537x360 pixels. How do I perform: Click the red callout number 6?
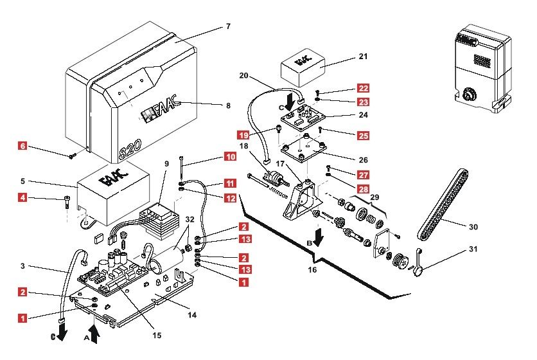pos(22,146)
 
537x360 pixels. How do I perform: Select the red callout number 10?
pos(231,157)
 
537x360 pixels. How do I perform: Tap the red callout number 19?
pos(243,135)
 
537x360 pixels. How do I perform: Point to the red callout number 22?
pos(363,88)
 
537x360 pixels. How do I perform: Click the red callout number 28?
pos(363,189)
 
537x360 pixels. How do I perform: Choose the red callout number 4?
pos(22,197)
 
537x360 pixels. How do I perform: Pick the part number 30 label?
pos(473,227)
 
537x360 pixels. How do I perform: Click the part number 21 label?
pos(363,56)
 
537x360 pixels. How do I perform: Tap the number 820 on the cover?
pos(130,149)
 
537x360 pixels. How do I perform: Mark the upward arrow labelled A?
pos(94,334)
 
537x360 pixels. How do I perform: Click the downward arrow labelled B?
pos(318,237)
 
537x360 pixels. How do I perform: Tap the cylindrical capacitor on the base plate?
pos(167,261)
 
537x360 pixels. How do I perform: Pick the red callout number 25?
pos(363,136)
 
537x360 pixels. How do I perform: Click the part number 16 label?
pos(312,270)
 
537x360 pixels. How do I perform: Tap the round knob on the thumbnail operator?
pos(468,94)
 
